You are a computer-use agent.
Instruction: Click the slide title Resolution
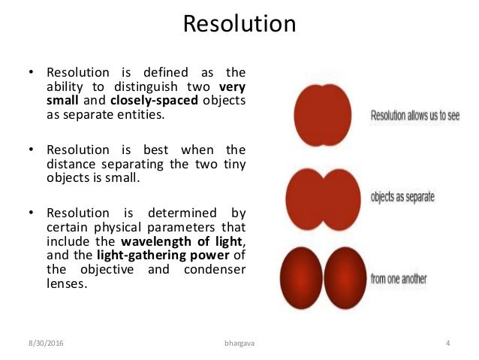pos(239,24)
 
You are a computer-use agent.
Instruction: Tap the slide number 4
pos(447,344)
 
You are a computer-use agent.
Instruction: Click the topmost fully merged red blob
pos(322,114)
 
